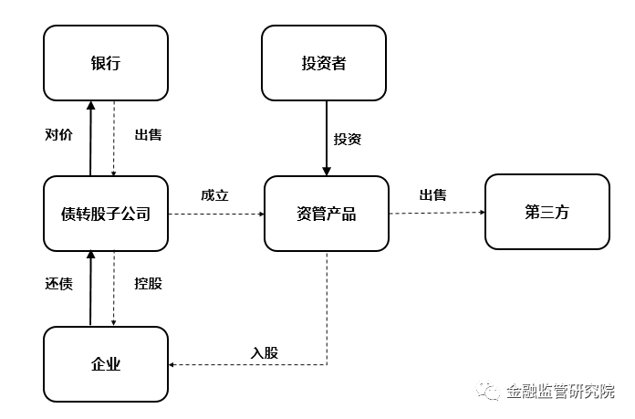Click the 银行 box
106,63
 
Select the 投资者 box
324,63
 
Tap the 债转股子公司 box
106,214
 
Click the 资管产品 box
327,214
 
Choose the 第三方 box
547,212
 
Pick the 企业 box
106,364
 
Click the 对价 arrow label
58,134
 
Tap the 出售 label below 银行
148,134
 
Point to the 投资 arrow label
348,139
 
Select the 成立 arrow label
214,195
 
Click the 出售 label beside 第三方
433,195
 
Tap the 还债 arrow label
58,284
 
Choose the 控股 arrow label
148,284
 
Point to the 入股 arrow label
265,352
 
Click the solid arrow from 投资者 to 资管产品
327,138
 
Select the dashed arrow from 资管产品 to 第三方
437,213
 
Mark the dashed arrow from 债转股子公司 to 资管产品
216,214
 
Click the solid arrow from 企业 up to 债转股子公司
90,288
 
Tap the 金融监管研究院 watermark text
560,391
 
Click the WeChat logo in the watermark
488,390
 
